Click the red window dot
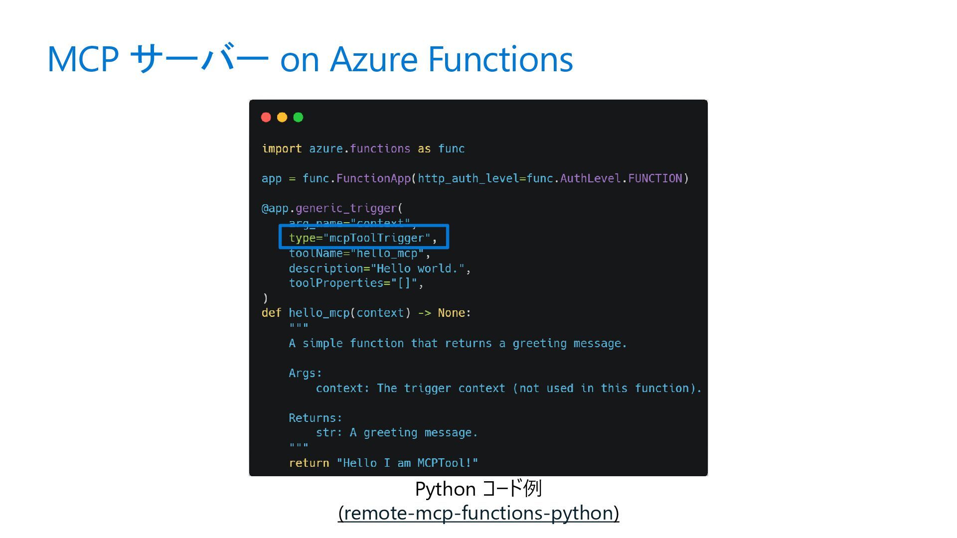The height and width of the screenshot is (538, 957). point(266,117)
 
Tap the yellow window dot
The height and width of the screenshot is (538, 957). point(282,117)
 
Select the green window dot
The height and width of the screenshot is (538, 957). point(298,117)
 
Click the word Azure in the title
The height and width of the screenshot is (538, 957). point(374,59)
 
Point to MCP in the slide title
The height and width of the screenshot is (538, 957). point(83,59)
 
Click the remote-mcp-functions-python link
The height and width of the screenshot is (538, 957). point(478,513)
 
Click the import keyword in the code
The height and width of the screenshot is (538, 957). point(282,148)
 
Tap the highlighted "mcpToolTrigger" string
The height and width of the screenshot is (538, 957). point(377,238)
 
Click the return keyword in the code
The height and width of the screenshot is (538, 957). point(309,463)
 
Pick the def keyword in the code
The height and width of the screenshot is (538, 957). point(271,313)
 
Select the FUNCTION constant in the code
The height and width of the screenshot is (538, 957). point(654,178)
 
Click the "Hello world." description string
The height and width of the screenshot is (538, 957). point(417,269)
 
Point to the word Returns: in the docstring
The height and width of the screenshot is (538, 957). point(316,418)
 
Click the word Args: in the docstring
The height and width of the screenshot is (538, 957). point(305,373)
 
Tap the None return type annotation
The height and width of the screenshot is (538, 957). point(451,313)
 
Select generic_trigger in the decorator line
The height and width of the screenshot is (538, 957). point(346,208)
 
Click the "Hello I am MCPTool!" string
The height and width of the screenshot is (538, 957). point(407,463)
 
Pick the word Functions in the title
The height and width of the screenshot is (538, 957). point(500,59)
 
